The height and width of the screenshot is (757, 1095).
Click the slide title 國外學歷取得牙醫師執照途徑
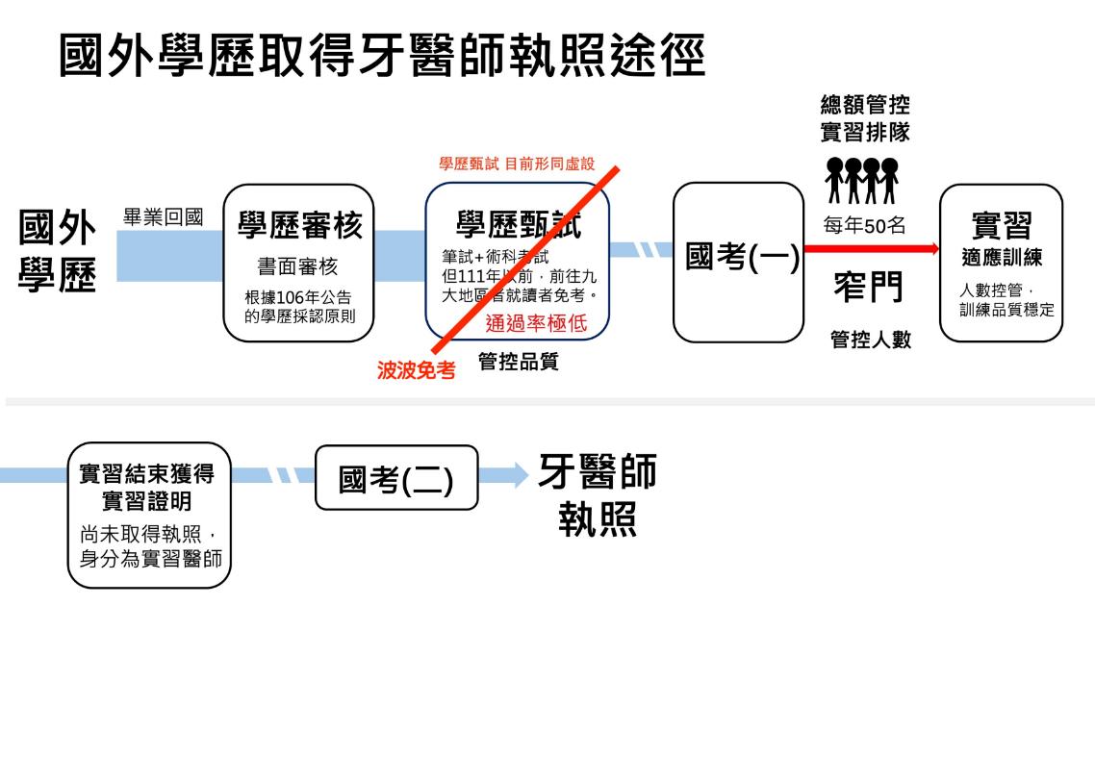(x=382, y=57)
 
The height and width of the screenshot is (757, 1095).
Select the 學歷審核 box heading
(x=299, y=226)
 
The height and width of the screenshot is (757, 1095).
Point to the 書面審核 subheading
(x=298, y=265)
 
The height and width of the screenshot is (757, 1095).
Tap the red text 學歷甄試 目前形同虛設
(x=517, y=164)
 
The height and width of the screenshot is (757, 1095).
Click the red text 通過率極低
(x=536, y=322)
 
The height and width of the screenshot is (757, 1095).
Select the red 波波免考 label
(x=416, y=370)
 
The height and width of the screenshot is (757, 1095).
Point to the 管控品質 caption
(x=519, y=362)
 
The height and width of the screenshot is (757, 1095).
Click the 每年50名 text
(x=864, y=225)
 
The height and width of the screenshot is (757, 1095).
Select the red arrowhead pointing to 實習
(x=932, y=249)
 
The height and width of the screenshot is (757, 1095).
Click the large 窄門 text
(x=867, y=288)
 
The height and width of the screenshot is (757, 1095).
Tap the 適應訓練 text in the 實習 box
(x=1002, y=259)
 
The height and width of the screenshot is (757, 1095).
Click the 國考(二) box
(x=396, y=477)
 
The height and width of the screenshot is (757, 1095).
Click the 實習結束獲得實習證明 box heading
(x=148, y=487)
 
